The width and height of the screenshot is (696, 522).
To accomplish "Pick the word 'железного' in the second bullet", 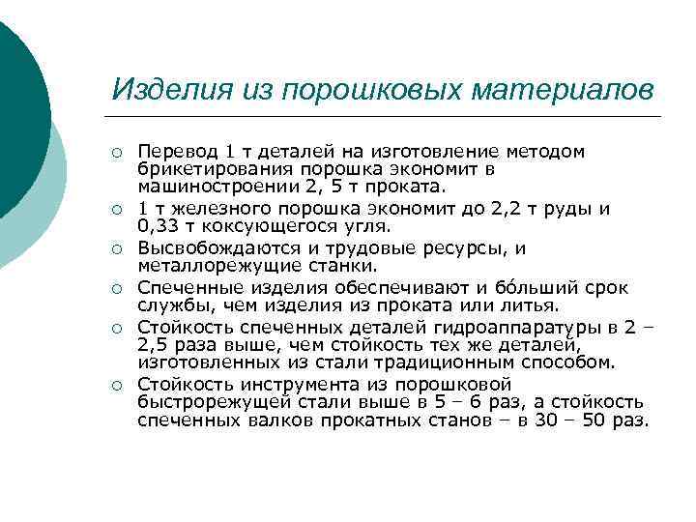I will (218, 209).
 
